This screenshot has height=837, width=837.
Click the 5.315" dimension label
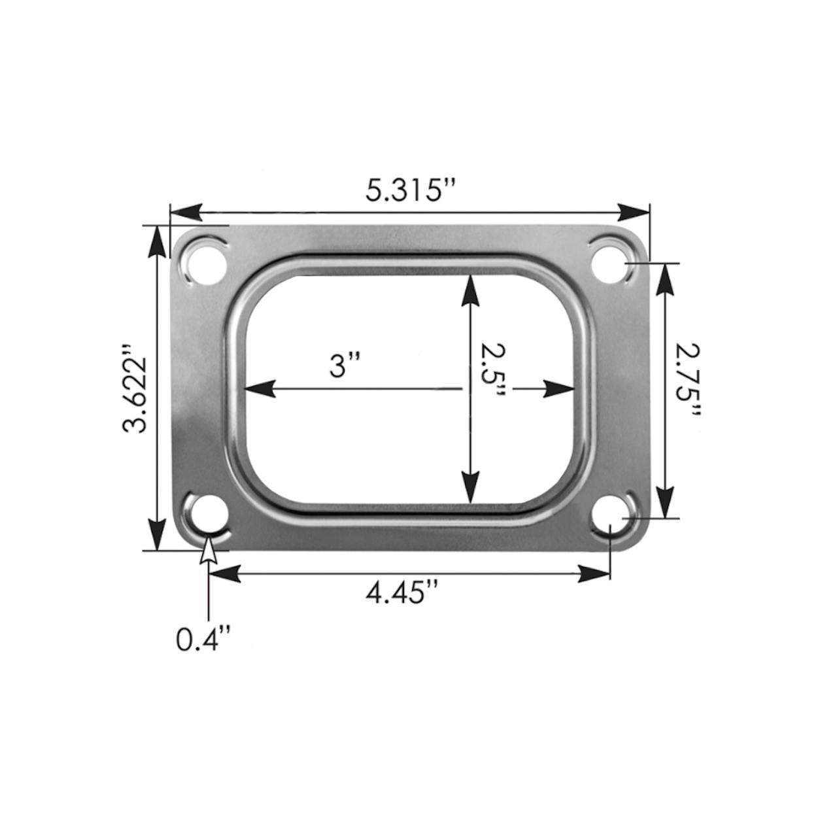[x=409, y=191]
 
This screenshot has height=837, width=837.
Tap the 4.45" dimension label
[x=402, y=594]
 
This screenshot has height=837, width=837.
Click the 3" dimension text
[x=345, y=365]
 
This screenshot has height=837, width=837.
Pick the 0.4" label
[x=203, y=639]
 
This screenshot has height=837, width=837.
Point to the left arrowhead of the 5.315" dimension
[x=185, y=212]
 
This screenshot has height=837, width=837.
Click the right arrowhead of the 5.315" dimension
[x=634, y=212]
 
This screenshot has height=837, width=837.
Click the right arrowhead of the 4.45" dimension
[x=594, y=574]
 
